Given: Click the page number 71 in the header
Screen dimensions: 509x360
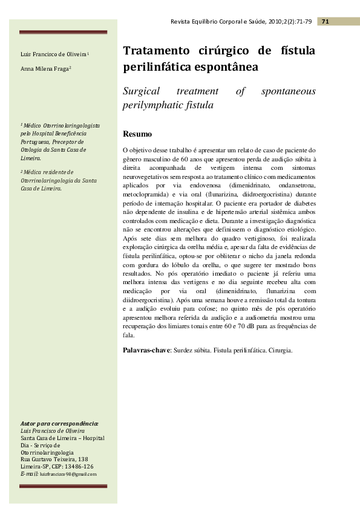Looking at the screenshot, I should [325, 22].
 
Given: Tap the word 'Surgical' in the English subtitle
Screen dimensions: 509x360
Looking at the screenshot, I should [142, 91].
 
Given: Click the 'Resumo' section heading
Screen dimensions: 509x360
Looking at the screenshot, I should [137, 134].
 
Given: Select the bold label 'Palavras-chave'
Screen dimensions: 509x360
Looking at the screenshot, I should [146, 350].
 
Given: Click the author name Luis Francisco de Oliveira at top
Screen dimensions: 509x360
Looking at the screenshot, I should [54, 55].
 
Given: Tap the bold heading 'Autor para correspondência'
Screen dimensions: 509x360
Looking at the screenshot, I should [59, 424].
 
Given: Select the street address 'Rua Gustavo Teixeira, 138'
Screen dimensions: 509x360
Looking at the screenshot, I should [54, 459].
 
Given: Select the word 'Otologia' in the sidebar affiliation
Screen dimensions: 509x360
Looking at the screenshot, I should [33, 149].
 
